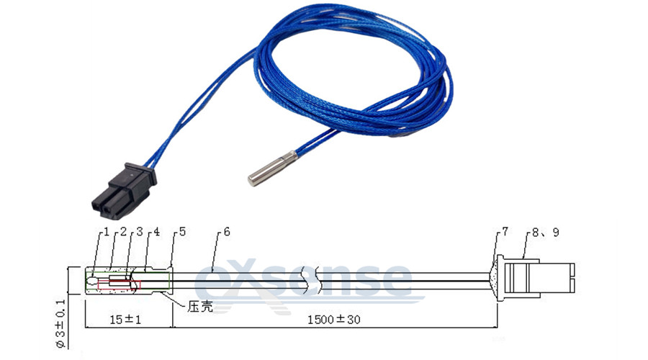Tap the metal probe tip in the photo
point(272,168)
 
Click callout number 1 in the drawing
point(106,232)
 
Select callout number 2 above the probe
point(123,232)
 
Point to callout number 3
point(139,232)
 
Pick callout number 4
point(157,232)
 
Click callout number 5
point(182,232)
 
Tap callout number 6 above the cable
point(227,232)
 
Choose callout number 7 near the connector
point(504,233)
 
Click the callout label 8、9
point(545,233)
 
